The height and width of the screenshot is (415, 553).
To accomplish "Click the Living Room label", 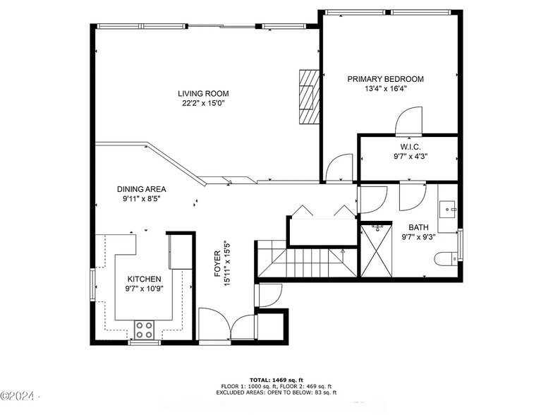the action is click(x=203, y=93).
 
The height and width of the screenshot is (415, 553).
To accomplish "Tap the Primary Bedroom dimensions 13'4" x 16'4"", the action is click(x=386, y=89).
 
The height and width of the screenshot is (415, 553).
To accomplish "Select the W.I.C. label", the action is click(x=411, y=147).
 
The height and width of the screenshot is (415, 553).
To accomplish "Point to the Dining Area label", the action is click(x=141, y=189).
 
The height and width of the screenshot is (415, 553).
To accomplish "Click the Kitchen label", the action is click(x=144, y=279).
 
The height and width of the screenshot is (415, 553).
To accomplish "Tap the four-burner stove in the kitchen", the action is click(x=145, y=330).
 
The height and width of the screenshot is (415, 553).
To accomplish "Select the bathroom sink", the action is click(x=448, y=209).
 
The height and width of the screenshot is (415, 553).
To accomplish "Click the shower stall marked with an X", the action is click(x=377, y=251).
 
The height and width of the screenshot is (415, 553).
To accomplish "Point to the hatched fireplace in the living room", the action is click(x=309, y=97).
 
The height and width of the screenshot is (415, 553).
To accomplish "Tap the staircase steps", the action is click(x=306, y=263).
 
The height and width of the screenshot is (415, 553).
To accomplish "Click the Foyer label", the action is click(x=217, y=263).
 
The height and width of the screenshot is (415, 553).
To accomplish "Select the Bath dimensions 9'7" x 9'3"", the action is click(x=419, y=237).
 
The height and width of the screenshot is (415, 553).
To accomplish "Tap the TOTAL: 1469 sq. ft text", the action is click(x=276, y=380).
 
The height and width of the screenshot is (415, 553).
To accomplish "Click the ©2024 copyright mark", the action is click(x=17, y=396).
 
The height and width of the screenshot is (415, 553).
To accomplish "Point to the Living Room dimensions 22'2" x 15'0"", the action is click(x=203, y=103).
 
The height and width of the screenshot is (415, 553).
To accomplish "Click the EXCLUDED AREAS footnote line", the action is click(x=276, y=392).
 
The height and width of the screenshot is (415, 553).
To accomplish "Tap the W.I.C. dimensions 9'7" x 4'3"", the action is click(x=411, y=157).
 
